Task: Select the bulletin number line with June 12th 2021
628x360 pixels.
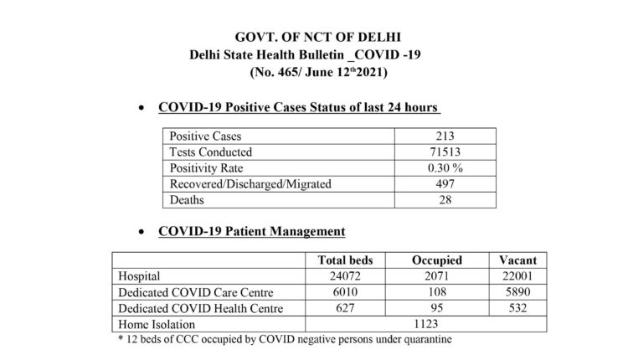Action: tap(319, 74)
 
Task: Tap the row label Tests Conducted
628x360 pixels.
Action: tap(211, 152)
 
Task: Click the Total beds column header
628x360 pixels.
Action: tap(344, 260)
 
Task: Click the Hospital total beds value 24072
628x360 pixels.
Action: tap(344, 275)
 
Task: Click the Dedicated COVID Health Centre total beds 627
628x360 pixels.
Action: tap(344, 309)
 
